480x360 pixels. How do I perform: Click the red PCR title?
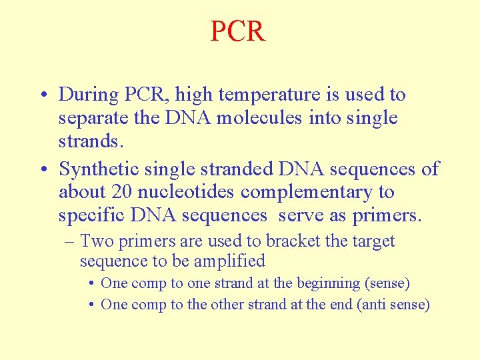point(238,31)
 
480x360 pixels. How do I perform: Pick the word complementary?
point(309,193)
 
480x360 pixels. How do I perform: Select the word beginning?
point(326,283)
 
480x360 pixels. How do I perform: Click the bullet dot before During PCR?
point(42,95)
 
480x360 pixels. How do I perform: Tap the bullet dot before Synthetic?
point(42,169)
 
